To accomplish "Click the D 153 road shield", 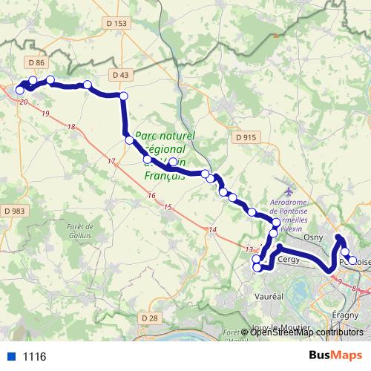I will click(121, 24).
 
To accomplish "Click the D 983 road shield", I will click(14, 211).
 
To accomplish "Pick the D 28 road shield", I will click(149, 318).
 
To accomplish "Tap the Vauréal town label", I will click(270, 295).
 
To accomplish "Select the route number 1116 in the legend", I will click(34, 357).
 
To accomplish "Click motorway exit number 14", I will click(212, 229).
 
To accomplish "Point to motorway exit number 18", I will click(71, 128).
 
